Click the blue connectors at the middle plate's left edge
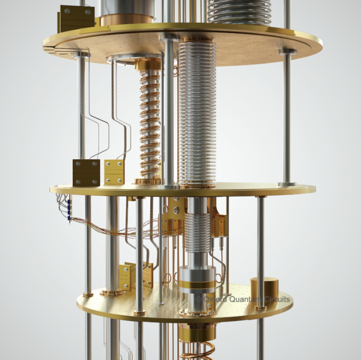click(x=68, y=208)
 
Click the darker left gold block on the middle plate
click(x=86, y=172)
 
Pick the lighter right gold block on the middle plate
click(x=114, y=172)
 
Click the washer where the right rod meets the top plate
click(x=287, y=51)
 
